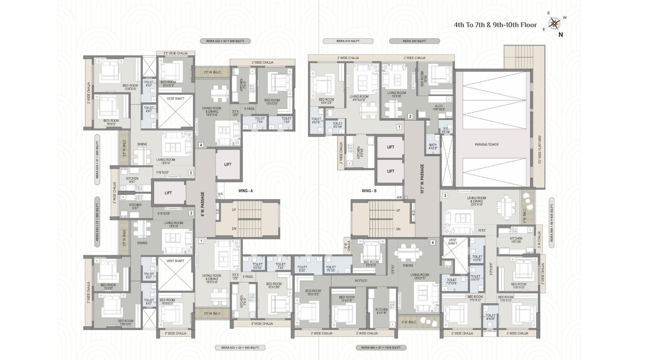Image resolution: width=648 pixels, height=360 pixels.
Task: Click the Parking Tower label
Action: point(486,145)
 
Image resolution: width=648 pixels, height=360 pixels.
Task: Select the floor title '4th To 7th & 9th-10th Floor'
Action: point(495,25)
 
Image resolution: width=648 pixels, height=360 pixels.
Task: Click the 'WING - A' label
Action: point(245,190)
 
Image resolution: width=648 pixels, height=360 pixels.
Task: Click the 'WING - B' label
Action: point(369,190)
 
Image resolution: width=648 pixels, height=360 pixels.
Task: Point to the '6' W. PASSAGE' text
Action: point(202,204)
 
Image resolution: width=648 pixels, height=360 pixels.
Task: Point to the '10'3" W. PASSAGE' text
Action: point(422,178)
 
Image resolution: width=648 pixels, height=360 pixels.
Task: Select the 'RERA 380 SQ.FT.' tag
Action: point(414,41)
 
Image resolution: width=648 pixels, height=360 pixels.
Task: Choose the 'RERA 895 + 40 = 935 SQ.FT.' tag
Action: point(551,221)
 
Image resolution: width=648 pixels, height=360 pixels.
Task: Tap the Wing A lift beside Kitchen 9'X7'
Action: point(168,193)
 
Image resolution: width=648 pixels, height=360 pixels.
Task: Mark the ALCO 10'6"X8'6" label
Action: point(439,108)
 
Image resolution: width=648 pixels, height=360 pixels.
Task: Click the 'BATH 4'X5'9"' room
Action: point(433,147)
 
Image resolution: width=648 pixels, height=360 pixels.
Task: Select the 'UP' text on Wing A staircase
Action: point(234,210)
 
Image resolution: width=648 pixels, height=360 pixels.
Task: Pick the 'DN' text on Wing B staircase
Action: point(398,229)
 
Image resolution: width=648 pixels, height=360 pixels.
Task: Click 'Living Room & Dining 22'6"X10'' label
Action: point(476,200)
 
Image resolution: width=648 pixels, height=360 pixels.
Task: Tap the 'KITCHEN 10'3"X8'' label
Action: point(516,240)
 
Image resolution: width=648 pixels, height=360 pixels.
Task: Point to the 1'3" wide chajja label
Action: point(175,53)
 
